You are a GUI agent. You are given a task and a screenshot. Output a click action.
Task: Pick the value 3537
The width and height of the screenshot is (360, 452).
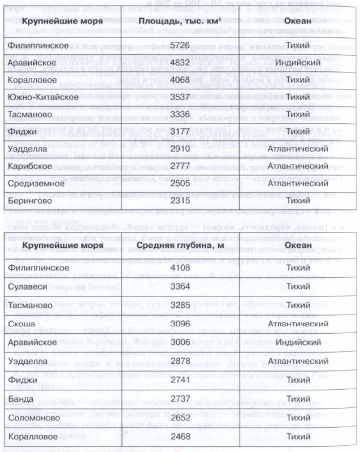[x=186, y=97]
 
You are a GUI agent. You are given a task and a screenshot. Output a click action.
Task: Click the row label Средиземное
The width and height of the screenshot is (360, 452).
[x=37, y=184]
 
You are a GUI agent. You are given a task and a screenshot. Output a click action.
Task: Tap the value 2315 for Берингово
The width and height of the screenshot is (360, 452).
[x=186, y=201]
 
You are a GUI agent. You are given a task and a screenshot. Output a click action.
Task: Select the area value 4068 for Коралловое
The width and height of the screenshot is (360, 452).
[x=186, y=79]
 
